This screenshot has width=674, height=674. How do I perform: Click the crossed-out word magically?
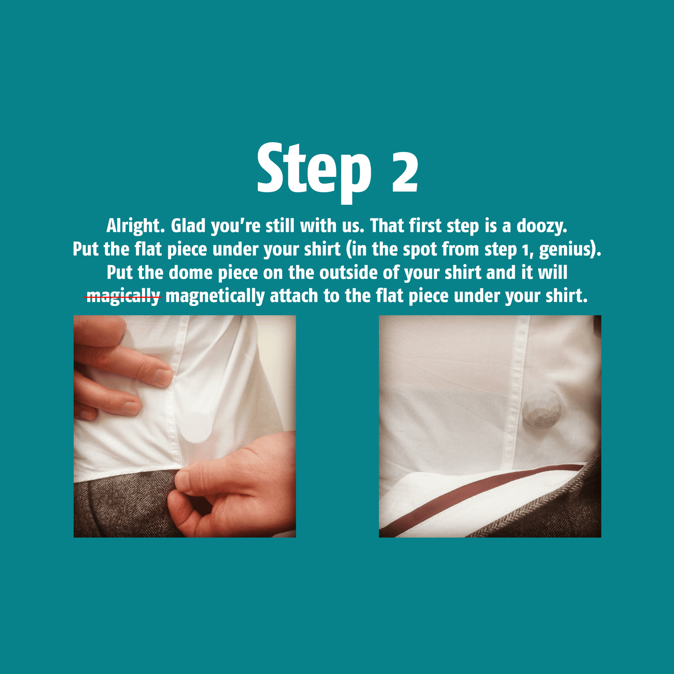pyautogui.click(x=123, y=297)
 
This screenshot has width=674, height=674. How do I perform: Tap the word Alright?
pyautogui.click(x=135, y=226)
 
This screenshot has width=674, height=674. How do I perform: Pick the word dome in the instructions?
pyautogui.click(x=191, y=273)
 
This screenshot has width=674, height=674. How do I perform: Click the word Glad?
pyautogui.click(x=188, y=226)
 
